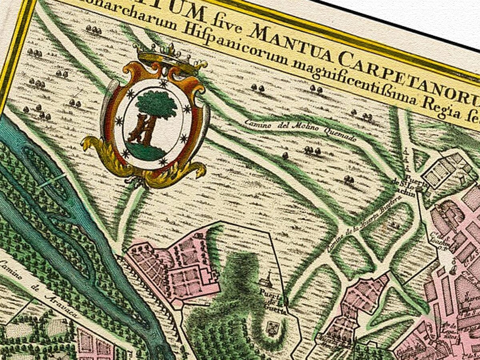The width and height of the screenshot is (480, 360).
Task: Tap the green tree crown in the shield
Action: (156, 103)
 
